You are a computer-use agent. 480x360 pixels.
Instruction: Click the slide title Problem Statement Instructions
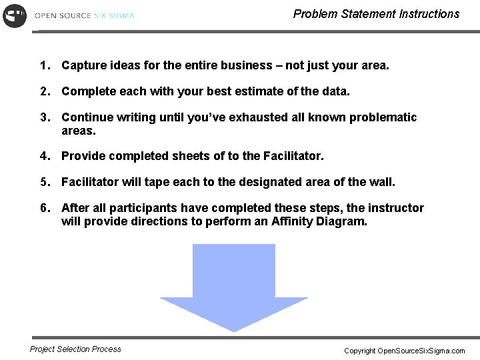376,14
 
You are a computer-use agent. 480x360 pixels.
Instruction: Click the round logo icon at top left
15,15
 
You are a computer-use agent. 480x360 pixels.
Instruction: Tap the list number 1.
44,66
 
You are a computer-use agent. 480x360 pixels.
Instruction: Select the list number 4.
44,157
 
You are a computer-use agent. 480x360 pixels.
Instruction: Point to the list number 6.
44,208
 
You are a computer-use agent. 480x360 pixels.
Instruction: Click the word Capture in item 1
83,66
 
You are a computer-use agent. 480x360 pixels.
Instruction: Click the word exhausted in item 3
258,117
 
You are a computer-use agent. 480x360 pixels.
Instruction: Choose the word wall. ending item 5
382,182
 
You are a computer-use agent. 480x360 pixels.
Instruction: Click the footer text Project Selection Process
76,349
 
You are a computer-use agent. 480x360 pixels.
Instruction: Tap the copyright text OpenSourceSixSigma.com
421,351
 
